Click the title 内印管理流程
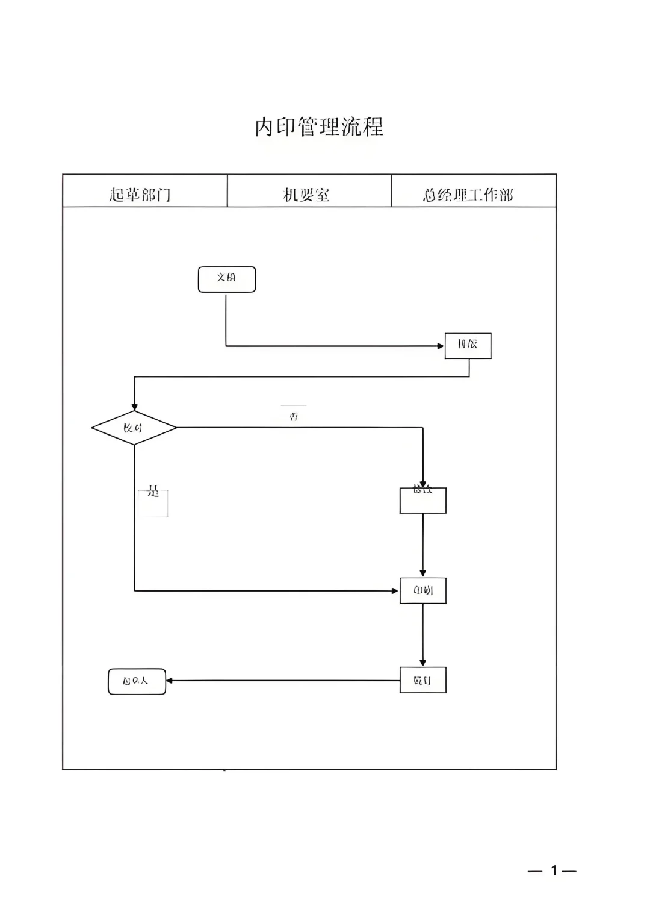pos(319,127)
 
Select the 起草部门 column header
pos(140,195)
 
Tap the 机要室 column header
pos(306,195)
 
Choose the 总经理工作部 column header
pos(468,195)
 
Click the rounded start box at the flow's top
pos(227,279)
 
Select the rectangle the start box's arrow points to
pos(468,346)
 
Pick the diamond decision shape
pos(134,428)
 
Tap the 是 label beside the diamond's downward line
pos(153,493)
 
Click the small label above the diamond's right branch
pos(294,416)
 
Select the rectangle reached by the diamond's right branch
pos(422,501)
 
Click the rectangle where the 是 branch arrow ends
pos(422,590)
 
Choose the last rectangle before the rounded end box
pos(422,680)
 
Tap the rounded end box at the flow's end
pos(137,681)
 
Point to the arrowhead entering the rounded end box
pos(170,681)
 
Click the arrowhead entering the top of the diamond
pos(134,408)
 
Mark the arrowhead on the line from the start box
pos(441,346)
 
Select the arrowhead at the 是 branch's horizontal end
pos(395,591)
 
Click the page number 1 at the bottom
pos(554,870)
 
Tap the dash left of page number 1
pos(535,871)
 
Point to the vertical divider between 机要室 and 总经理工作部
pos(392,190)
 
